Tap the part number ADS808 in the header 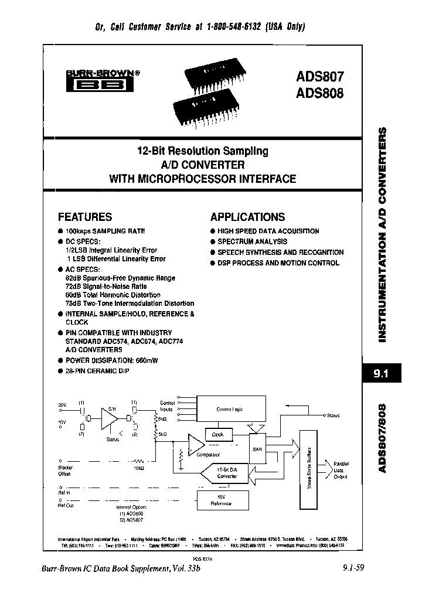(x=319, y=93)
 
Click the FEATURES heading (x=85, y=217)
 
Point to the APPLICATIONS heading (x=247, y=217)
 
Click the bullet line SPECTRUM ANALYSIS (x=252, y=241)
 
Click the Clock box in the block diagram (x=217, y=435)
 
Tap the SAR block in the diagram (x=257, y=448)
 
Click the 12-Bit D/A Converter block (x=226, y=473)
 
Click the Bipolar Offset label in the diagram (x=65, y=471)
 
